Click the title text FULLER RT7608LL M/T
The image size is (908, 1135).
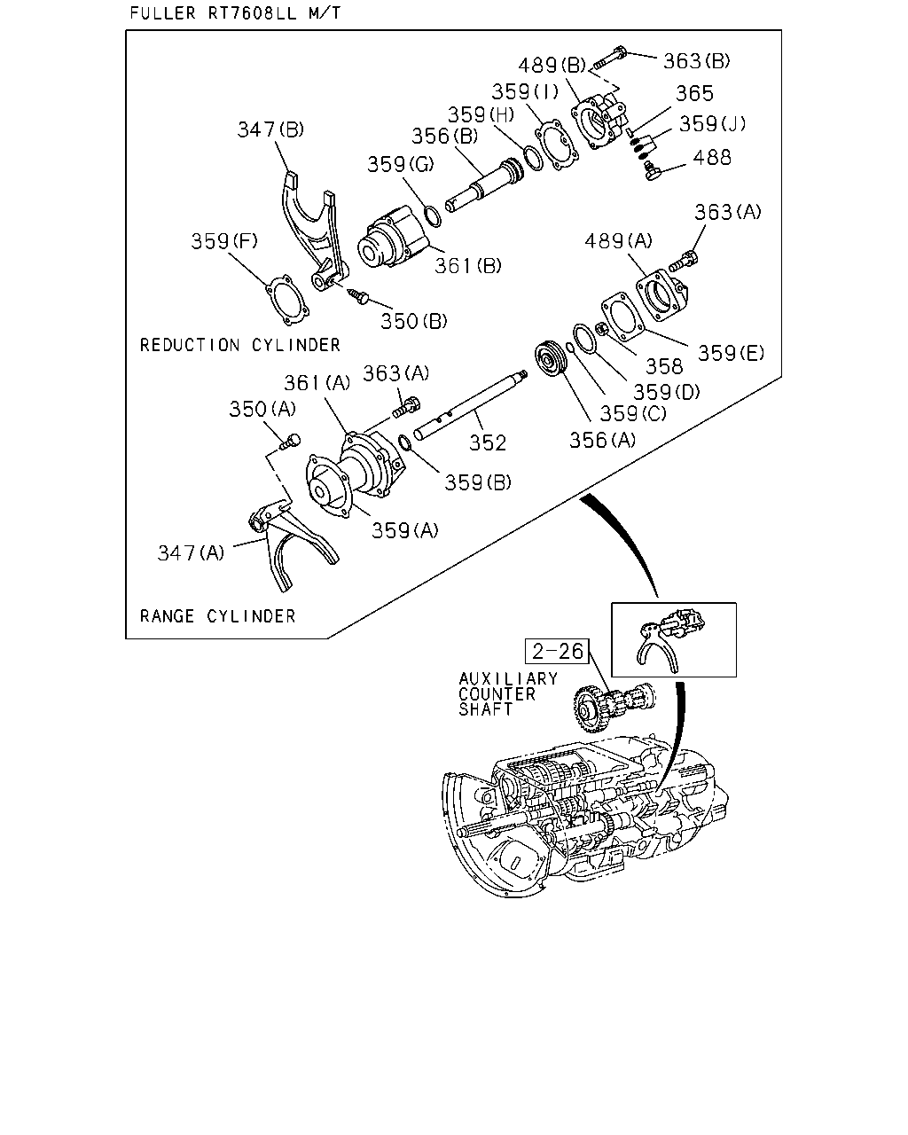[235, 12]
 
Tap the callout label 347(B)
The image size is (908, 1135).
[270, 129]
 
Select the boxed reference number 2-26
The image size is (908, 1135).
[557, 652]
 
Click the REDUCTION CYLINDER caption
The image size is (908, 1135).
[240, 345]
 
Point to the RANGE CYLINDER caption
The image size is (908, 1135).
[217, 616]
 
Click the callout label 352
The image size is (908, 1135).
[488, 443]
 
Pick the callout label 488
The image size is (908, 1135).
[712, 158]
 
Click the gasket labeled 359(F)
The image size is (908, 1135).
[286, 300]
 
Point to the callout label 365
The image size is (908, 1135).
[694, 93]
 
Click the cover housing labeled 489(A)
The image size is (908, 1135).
[662, 295]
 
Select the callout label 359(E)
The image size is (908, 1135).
[731, 354]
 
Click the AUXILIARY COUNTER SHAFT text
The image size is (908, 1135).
[507, 694]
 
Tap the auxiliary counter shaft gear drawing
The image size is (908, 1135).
[614, 706]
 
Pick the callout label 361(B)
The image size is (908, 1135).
[467, 266]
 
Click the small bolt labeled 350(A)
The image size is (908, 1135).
[290, 442]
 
